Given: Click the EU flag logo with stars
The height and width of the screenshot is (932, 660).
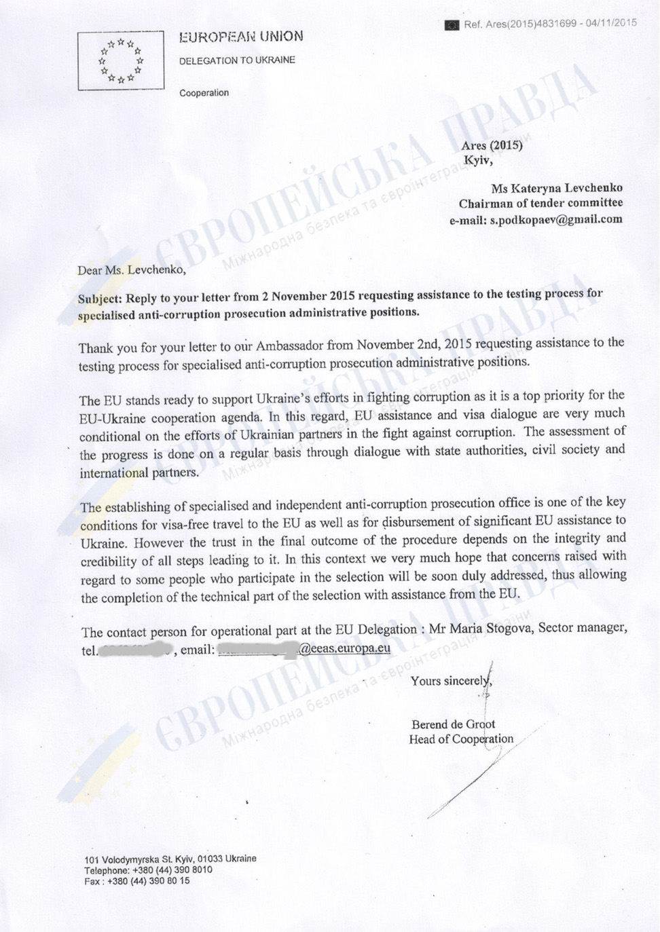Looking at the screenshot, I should tap(121, 61).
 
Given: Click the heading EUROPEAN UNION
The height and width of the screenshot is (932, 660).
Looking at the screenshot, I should tap(241, 37).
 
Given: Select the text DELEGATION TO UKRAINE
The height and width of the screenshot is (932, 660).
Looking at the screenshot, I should tap(237, 60).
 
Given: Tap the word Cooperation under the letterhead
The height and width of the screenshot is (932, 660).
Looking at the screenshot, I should tap(204, 93).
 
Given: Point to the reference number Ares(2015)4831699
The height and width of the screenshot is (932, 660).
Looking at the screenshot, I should tap(520, 24).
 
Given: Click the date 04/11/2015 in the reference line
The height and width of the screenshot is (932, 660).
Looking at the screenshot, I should tap(611, 23).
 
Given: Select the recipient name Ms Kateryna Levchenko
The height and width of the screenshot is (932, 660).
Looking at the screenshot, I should tap(557, 188).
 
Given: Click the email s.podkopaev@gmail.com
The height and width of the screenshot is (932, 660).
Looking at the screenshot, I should tap(556, 219).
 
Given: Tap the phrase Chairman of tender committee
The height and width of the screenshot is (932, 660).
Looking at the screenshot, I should tap(540, 203).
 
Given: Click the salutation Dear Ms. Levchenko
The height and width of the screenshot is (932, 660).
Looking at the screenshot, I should tap(131, 270).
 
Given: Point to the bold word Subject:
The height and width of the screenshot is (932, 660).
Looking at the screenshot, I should tap(100, 299).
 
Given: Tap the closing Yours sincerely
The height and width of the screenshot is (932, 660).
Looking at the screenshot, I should tap(450, 681).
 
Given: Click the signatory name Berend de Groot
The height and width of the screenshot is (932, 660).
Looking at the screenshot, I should tap(453, 724).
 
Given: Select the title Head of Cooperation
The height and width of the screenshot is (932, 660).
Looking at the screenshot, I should tap(461, 739).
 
